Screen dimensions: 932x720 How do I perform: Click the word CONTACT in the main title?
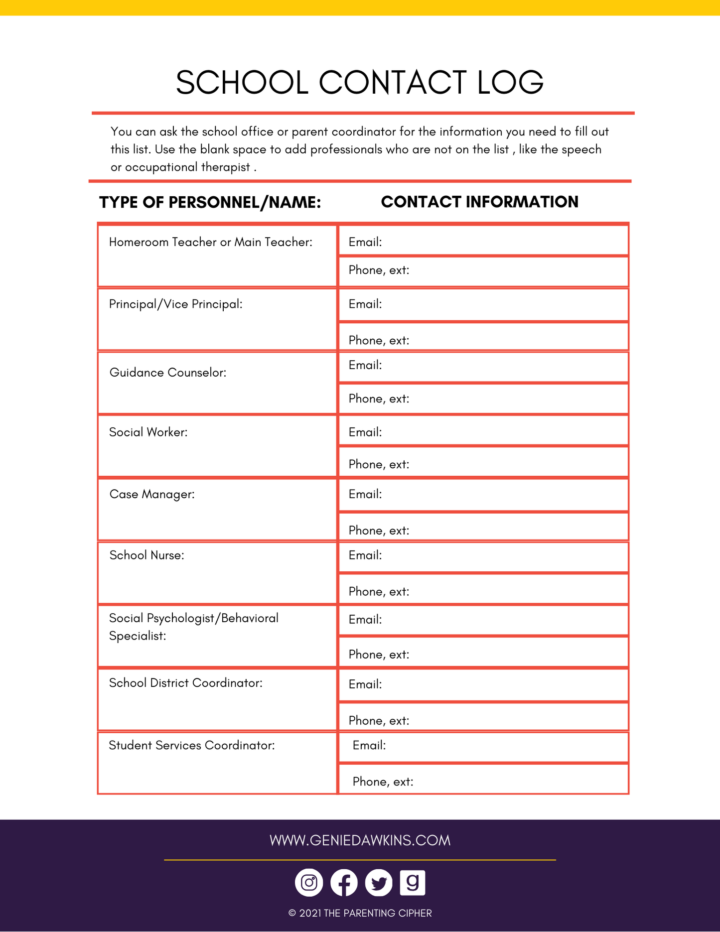393,82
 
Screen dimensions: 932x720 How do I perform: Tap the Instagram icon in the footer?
309,882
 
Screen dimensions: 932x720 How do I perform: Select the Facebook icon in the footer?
344,882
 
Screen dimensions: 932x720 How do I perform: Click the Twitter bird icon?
379,882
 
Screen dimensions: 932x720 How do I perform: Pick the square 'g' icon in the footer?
413,882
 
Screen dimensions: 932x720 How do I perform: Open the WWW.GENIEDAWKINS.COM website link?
360,840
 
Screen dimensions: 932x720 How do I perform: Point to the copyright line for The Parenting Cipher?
360,913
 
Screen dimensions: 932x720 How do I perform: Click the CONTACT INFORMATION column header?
479,202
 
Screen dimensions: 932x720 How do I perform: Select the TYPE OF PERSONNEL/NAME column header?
210,202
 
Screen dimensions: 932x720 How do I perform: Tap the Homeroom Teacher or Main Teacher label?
211,242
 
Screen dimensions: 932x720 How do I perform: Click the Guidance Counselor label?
168,373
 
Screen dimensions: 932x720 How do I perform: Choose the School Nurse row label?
147,555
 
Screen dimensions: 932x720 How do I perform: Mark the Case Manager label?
152,494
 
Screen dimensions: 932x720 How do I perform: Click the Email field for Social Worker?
483,431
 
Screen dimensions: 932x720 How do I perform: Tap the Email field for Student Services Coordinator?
483,746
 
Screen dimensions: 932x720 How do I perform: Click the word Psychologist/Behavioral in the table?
213,618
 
